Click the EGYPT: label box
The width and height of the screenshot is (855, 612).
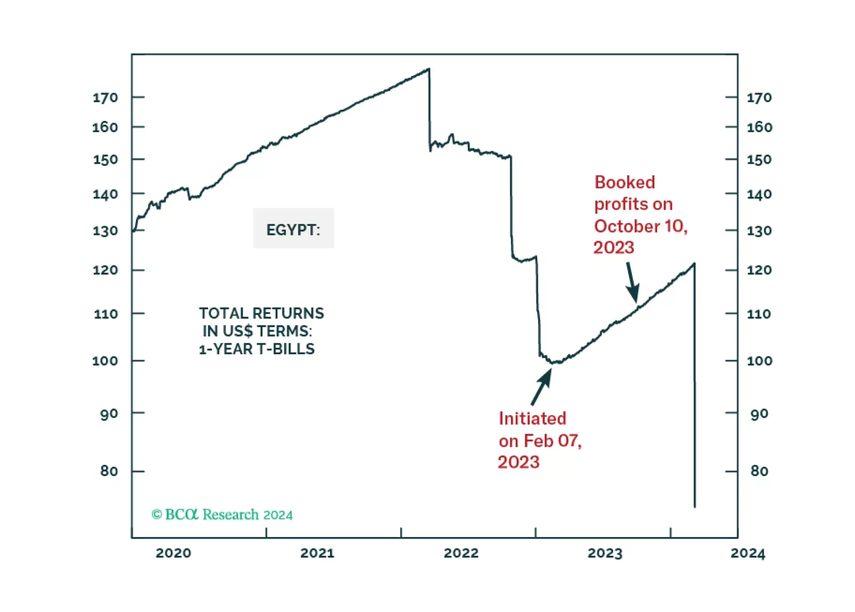tap(293, 229)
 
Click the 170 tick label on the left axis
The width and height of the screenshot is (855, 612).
tap(105, 98)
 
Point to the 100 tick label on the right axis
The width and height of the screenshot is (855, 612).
tap(759, 361)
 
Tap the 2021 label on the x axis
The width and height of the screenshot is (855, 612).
tap(317, 553)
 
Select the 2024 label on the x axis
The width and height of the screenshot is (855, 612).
tap(747, 553)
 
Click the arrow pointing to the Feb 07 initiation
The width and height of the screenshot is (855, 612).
tap(541, 386)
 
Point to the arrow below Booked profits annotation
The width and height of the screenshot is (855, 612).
tap(632, 282)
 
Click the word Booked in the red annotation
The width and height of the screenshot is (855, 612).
tap(624, 182)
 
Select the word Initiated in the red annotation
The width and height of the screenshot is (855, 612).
tap(532, 418)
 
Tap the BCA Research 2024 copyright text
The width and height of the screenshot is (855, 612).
tap(222, 515)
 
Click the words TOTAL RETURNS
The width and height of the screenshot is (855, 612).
tap(261, 313)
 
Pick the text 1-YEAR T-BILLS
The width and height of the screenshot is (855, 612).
tap(257, 349)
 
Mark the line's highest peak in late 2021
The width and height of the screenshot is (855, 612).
tap(429, 69)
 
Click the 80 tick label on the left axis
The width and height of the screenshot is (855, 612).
tap(109, 471)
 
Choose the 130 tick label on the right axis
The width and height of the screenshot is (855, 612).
tap(759, 231)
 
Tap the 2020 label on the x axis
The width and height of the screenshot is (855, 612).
tap(173, 553)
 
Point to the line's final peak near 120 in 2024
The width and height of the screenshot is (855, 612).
tap(694, 264)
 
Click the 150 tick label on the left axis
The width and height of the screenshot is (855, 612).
tap(105, 160)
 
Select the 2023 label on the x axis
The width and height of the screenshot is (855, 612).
tap(605, 553)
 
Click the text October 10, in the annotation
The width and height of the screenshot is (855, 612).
tap(640, 226)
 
